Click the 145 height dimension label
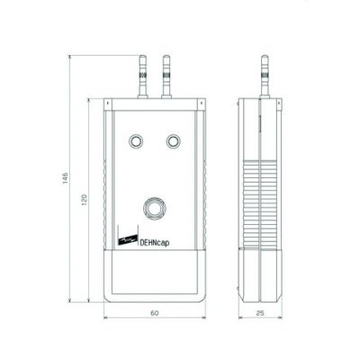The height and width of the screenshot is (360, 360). (66, 178)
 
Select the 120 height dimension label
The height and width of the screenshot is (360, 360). (85, 200)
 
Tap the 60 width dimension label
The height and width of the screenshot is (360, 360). (155, 313)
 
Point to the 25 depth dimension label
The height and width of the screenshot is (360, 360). (260, 313)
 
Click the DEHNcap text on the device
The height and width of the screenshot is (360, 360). (155, 242)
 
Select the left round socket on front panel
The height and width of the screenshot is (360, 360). (136, 140)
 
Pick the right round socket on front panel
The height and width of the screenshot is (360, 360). (174, 140)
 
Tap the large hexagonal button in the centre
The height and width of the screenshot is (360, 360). (155, 208)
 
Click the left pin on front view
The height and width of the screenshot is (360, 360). (143, 76)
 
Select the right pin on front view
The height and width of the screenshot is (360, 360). (166, 76)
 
